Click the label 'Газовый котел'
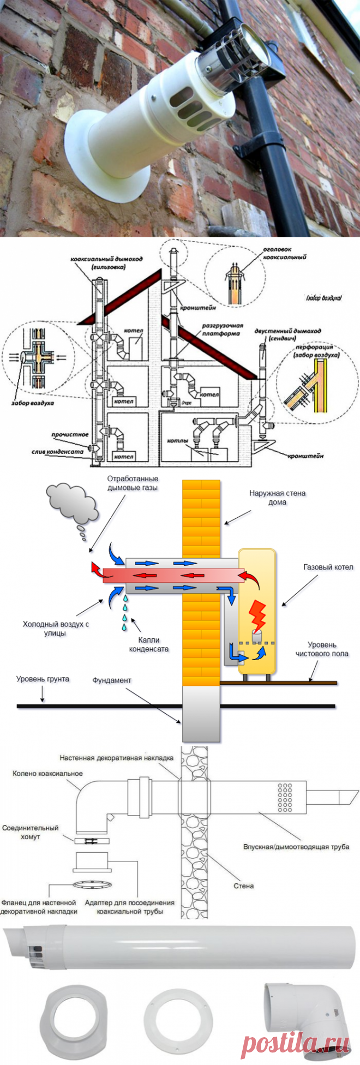click(328, 567)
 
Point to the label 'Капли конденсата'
click(148, 644)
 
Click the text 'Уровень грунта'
click(43, 679)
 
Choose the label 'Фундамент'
click(112, 680)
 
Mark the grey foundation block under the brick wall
click(201, 713)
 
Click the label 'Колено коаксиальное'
click(47, 773)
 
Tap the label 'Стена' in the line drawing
click(243, 885)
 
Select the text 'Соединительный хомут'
click(30, 832)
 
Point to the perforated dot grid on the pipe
click(285, 798)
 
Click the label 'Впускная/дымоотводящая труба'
click(296, 847)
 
